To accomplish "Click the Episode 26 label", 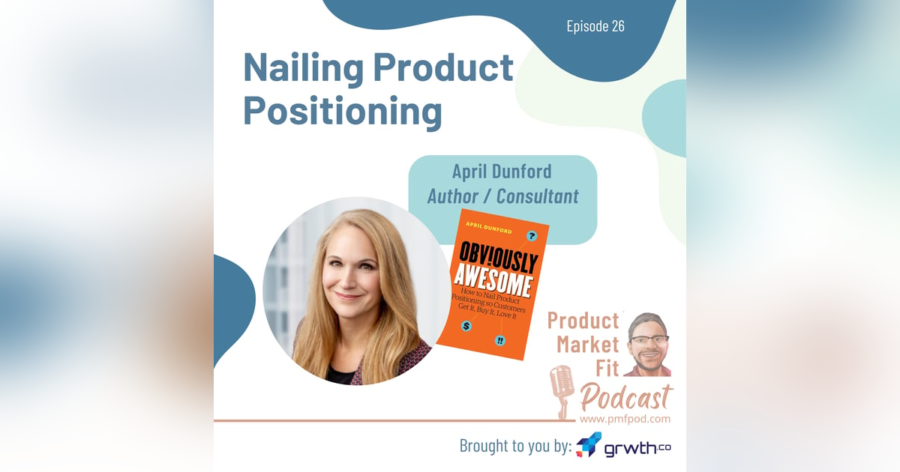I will (x=595, y=26).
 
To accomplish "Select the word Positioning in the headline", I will (x=342, y=111).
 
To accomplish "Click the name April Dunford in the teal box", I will (x=502, y=172).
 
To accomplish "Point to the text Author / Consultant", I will (x=502, y=196).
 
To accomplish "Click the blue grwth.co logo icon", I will (x=589, y=445).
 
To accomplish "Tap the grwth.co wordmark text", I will (x=628, y=448).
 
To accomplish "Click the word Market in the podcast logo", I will (x=588, y=345).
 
